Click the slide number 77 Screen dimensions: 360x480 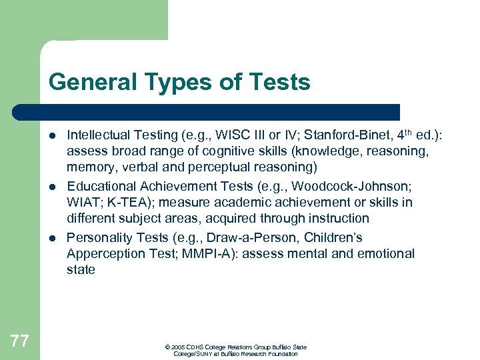click(x=20, y=341)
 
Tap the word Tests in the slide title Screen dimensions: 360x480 click(x=280, y=82)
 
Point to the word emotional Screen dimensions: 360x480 click(x=385, y=254)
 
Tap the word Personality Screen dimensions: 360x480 click(x=99, y=238)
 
